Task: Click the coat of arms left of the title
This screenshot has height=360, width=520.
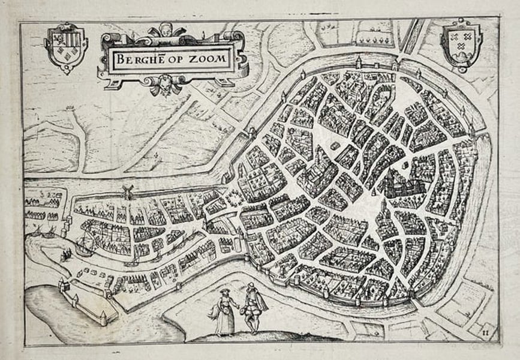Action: click(x=66, y=46)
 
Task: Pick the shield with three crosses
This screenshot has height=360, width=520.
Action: click(x=461, y=44)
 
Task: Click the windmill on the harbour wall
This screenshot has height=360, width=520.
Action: click(x=127, y=191)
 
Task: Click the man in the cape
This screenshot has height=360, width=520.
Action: click(x=253, y=309)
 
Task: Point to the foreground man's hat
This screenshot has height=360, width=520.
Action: click(x=250, y=286)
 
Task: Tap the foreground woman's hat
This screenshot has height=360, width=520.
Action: click(x=223, y=291)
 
